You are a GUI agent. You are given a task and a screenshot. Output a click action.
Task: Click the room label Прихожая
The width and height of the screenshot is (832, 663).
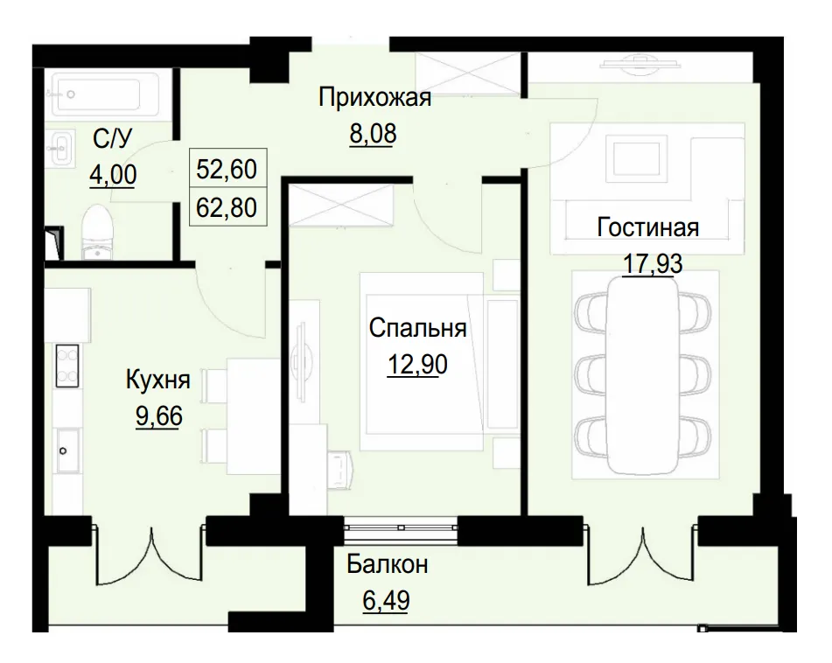[x=374, y=98]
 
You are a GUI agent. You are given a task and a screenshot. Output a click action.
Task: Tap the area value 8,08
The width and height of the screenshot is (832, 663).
[x=374, y=135]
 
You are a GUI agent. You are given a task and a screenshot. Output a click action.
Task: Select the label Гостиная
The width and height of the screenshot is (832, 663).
[x=647, y=227]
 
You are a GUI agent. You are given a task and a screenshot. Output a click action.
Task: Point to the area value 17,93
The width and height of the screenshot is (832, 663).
[x=652, y=264]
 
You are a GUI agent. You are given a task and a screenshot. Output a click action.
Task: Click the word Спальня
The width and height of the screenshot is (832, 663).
[x=417, y=329]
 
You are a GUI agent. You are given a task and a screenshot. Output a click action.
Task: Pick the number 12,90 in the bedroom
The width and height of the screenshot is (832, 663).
[x=417, y=366]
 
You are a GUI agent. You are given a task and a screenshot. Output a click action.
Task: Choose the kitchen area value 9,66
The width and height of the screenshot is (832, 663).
[x=158, y=416]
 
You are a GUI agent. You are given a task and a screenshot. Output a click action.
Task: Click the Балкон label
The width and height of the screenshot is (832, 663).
[x=387, y=564]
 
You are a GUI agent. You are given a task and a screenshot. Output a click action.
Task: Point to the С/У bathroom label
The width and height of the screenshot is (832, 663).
[x=112, y=137]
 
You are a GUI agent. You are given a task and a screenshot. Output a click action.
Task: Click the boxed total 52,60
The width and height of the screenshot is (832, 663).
[x=227, y=169]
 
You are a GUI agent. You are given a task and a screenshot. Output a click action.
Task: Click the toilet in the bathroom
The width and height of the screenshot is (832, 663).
[x=97, y=232]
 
